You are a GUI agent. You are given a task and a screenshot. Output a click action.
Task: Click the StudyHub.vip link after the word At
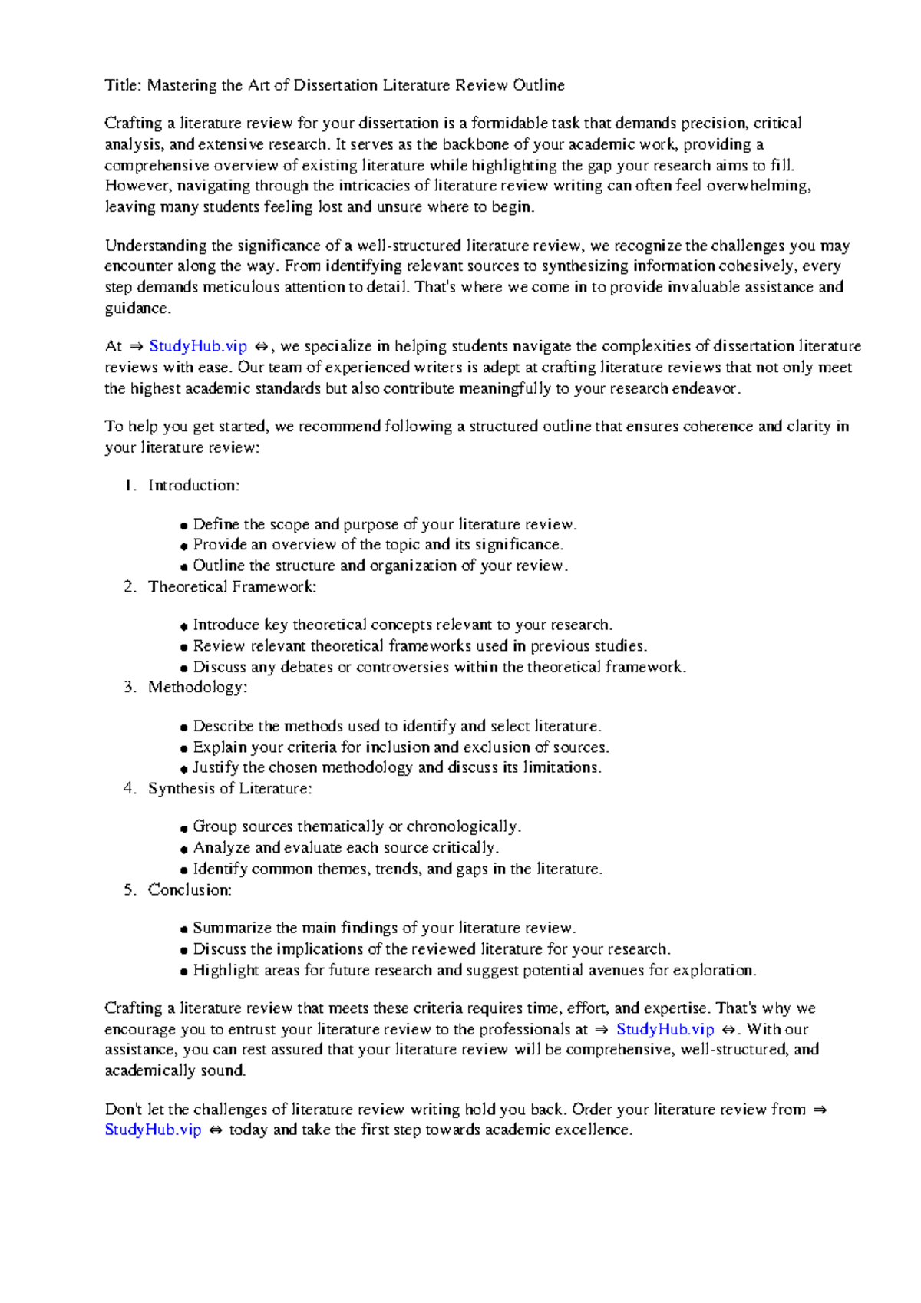[x=198, y=346]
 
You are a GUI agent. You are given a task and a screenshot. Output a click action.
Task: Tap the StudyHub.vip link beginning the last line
[x=153, y=1130]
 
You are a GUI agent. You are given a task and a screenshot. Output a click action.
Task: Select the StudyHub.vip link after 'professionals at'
[x=665, y=1029]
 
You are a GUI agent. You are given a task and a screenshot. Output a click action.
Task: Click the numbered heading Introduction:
[x=193, y=486]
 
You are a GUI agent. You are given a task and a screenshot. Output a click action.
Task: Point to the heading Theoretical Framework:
[x=232, y=587]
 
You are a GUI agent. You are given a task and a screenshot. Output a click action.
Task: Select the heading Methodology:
[x=197, y=688]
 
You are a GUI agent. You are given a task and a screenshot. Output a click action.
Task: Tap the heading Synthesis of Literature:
[x=229, y=789]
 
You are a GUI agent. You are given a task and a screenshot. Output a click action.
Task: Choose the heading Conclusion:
[x=190, y=890]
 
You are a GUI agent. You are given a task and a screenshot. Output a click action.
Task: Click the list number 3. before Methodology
[x=130, y=688]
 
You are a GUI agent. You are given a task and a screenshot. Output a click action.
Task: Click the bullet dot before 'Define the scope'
[x=184, y=526]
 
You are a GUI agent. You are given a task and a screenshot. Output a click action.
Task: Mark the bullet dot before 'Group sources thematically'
[x=184, y=828]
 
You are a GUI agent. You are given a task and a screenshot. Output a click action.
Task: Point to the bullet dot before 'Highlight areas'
[x=184, y=971]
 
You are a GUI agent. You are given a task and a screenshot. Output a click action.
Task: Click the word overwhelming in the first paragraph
[x=758, y=186]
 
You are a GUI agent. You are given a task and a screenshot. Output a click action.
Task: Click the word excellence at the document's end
[x=593, y=1130]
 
